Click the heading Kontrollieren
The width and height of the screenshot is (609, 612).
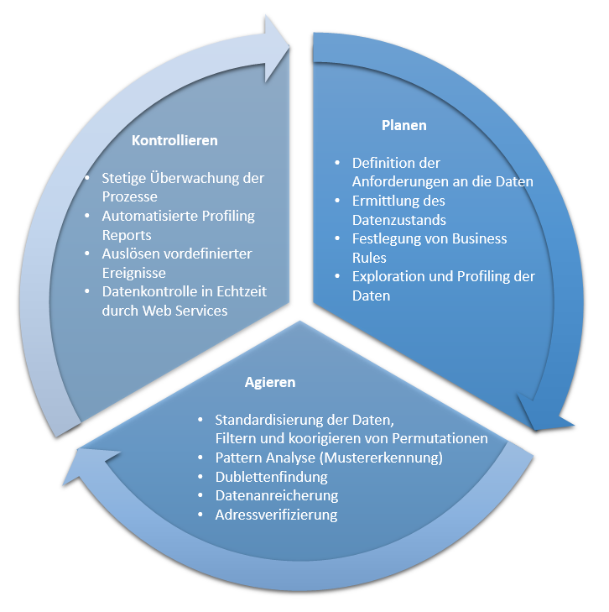click(174, 140)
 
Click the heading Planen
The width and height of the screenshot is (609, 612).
click(403, 125)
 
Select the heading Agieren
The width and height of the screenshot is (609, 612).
click(270, 381)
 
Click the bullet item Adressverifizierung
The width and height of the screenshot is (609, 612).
click(276, 514)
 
